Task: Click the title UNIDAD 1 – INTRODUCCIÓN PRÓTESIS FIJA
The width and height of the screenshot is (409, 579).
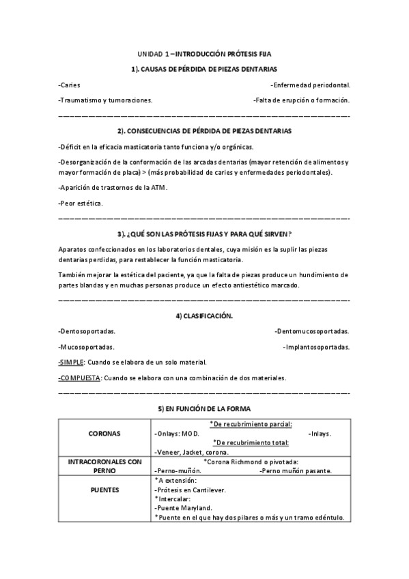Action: point(204,53)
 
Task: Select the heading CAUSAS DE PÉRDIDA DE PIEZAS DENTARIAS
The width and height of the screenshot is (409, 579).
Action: point(204,69)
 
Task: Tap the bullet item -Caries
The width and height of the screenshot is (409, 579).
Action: point(70,85)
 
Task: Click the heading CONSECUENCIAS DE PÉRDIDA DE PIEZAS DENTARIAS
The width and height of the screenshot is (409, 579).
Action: point(204,130)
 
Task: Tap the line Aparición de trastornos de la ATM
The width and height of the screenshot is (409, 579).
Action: point(113,188)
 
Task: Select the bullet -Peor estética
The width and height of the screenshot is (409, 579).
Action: point(81,203)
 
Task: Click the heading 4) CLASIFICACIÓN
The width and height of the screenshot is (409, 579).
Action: point(204,316)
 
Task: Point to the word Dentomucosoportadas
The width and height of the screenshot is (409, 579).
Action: point(312,331)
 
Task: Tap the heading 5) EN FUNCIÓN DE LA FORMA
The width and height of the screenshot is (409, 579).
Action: point(204,408)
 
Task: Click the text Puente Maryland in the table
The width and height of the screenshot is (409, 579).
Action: point(184,508)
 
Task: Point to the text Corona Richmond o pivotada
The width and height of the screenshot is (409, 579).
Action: point(253,462)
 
